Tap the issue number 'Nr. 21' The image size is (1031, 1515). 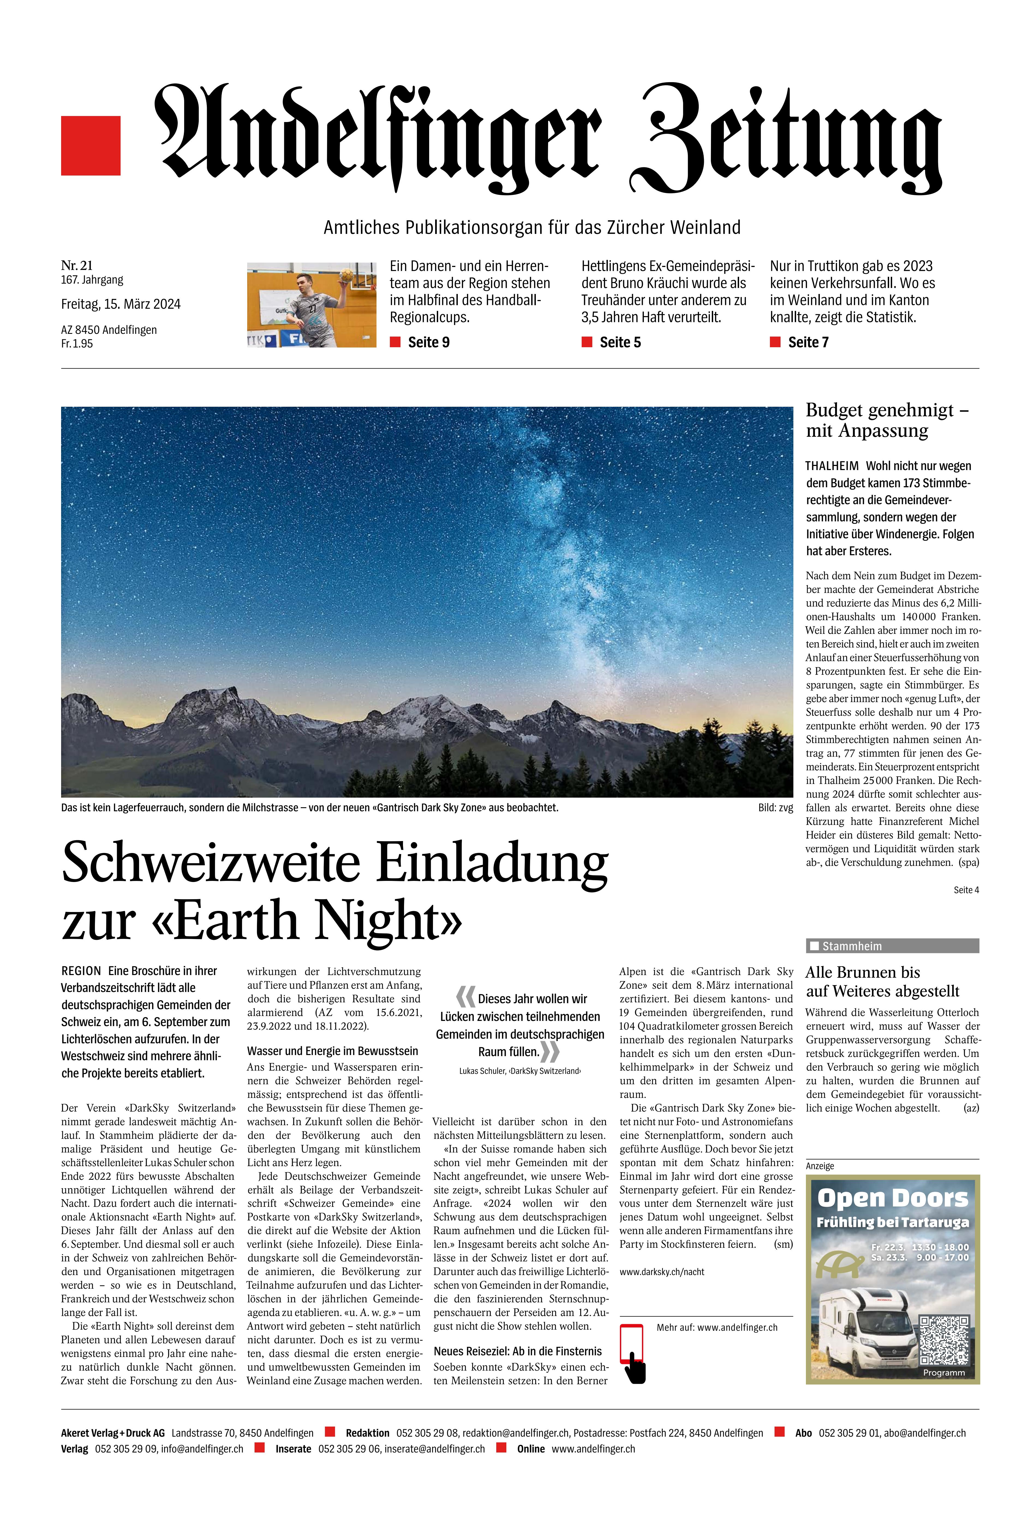tap(77, 265)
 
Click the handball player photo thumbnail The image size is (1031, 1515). tap(312, 304)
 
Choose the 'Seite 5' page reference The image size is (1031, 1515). tap(620, 342)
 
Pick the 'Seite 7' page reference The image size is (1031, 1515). tap(808, 342)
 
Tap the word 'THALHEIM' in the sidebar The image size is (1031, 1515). tap(832, 466)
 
